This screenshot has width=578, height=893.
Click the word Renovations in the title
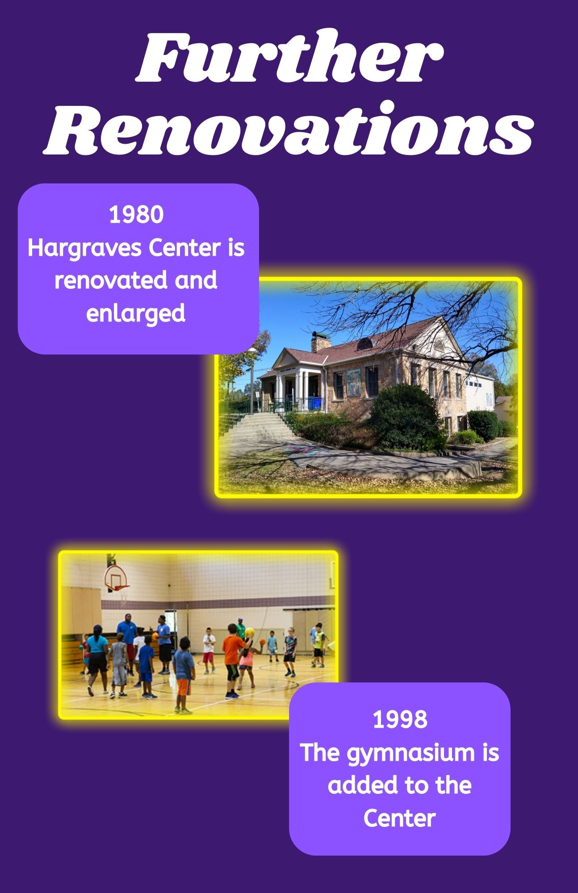(x=289, y=128)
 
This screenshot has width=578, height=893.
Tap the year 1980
(x=136, y=214)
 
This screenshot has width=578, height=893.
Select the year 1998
(x=400, y=720)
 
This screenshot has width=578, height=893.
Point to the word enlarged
(x=136, y=313)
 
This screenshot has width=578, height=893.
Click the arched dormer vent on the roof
(x=364, y=344)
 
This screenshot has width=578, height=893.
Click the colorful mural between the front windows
(x=353, y=382)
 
